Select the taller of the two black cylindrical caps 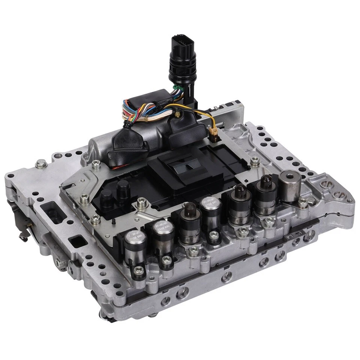click(x=123, y=190)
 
